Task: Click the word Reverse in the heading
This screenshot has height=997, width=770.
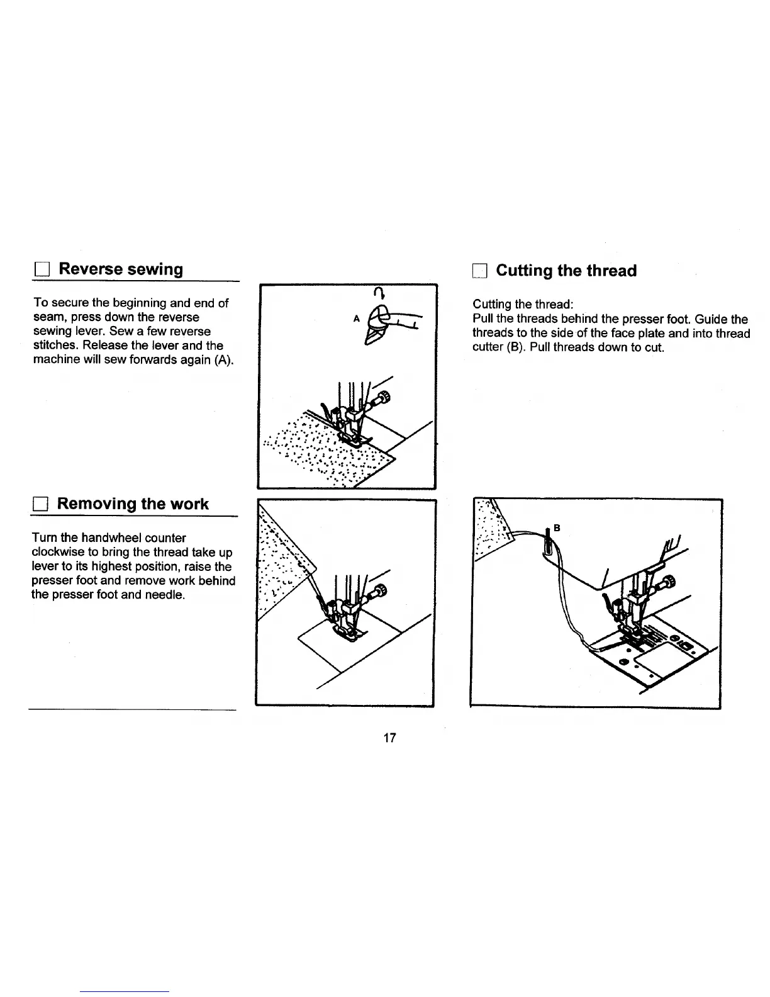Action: point(91,269)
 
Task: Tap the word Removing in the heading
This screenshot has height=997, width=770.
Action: point(97,504)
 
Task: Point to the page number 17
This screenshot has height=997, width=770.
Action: point(389,738)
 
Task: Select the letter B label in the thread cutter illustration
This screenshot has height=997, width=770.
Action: point(556,527)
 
